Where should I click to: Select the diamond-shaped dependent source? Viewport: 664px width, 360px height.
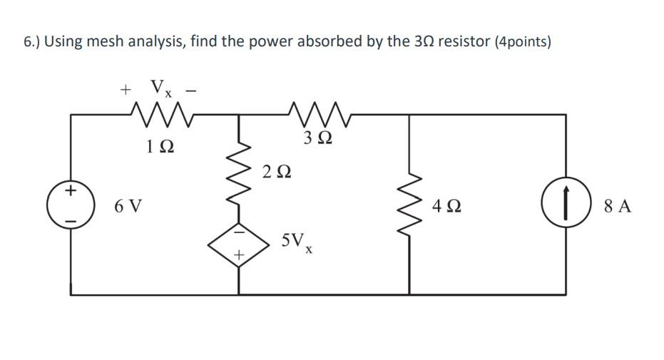tap(238, 245)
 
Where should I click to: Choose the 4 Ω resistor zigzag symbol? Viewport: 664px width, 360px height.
tap(409, 207)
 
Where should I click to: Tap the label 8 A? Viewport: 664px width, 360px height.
tap(617, 207)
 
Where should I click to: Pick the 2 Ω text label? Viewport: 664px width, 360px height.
tap(277, 172)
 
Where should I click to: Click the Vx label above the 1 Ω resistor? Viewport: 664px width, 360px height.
tap(160, 88)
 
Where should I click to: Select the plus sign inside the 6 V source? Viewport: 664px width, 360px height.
tap(71, 192)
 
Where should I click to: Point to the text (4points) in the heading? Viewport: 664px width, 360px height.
tap(522, 42)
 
